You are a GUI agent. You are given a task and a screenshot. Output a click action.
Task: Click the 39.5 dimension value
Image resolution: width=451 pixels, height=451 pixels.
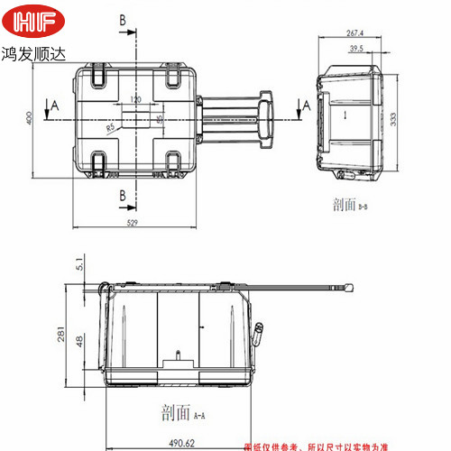[356, 51]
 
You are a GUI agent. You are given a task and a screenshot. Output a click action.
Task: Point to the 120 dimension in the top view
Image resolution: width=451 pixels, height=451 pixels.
[136, 99]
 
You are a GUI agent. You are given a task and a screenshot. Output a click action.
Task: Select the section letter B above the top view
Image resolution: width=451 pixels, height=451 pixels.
[122, 19]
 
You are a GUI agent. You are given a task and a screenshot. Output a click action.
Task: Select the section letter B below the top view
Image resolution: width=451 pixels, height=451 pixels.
[122, 195]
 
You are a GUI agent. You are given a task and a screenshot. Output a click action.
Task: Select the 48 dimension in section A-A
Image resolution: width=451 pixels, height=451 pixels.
[81, 341]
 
